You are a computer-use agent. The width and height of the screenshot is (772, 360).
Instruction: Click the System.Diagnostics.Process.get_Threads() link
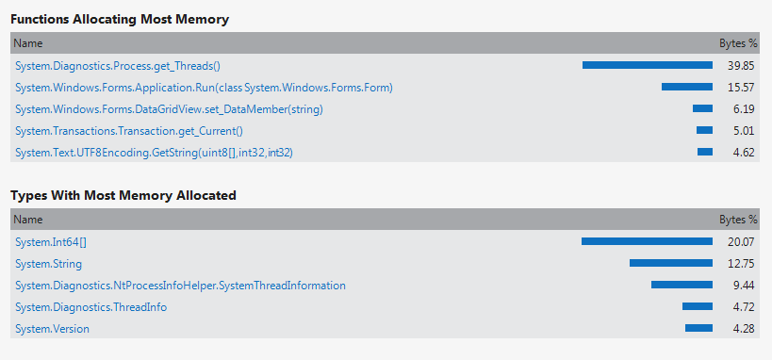[x=118, y=66]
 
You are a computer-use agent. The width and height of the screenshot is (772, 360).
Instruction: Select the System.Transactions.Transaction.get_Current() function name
[x=129, y=131]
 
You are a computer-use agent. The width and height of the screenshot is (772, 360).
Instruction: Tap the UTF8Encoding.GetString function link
[x=154, y=153]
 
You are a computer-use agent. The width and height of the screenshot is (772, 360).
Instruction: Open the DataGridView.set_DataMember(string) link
[x=169, y=109]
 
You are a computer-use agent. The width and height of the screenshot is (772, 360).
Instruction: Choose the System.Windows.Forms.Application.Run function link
[x=204, y=88]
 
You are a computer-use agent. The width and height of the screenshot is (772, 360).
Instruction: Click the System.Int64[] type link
[x=51, y=242]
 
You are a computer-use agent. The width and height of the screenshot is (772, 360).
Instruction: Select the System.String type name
[x=48, y=264]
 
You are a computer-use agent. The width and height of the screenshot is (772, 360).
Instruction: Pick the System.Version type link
[x=52, y=329]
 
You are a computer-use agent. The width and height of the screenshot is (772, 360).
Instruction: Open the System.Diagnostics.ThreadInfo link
[x=91, y=307]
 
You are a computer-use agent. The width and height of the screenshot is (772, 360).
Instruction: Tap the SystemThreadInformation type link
[x=180, y=286]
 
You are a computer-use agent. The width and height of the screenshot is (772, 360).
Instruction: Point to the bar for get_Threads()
[x=648, y=65]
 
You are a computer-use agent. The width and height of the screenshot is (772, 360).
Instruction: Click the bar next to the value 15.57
[x=687, y=87]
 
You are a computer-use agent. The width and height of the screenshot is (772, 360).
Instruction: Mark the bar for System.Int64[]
[x=647, y=241]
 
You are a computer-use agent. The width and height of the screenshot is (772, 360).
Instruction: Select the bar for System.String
[x=671, y=263]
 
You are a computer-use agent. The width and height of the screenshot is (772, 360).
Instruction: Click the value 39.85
[x=741, y=66]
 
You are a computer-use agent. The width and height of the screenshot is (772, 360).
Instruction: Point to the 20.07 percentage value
[x=741, y=242]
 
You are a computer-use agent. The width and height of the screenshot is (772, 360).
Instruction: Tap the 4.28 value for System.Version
[x=744, y=329]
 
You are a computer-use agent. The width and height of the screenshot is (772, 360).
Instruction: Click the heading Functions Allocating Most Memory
[x=120, y=19]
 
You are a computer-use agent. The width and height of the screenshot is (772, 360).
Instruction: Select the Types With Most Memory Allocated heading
[x=123, y=195]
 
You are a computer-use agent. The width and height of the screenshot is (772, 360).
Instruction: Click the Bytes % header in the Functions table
[x=738, y=43]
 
